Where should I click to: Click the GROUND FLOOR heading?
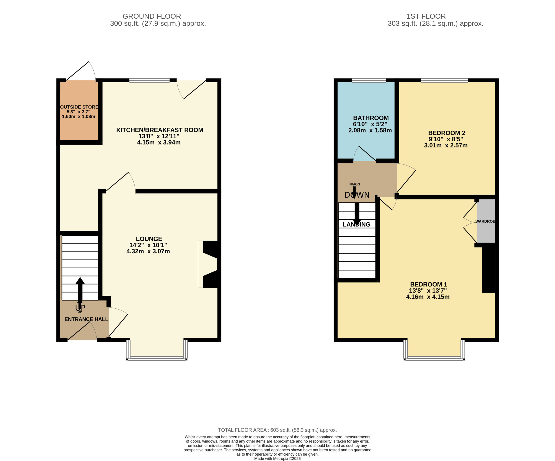pos(152,16)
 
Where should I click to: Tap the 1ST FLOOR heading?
pos(426,16)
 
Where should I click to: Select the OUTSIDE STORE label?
pos(79,107)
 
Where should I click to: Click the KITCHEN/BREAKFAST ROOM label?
pos(160,130)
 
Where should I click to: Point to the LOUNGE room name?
pos(149,239)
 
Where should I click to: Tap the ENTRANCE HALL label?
pos(86,319)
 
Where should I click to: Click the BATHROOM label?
pos(371,118)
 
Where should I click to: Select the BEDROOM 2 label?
pos(447,133)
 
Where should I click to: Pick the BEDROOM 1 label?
pos(429,285)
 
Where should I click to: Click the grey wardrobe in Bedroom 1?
pos(486,221)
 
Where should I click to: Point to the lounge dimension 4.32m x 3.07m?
pos(148,251)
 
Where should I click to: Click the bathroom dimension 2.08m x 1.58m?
pos(370,130)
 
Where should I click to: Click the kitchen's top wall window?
pos(149,80)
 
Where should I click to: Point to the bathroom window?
pos(369,80)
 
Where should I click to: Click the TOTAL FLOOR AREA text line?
pos(277,430)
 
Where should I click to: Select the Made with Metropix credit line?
pos(277,459)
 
